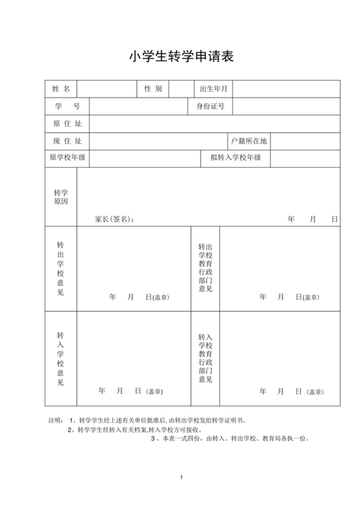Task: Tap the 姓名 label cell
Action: pyautogui.click(x=60, y=89)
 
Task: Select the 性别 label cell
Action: pyautogui.click(x=153, y=89)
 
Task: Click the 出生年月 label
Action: pyautogui.click(x=214, y=89)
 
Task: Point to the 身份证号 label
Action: pyautogui.click(x=210, y=106)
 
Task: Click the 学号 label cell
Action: pyautogui.click(x=67, y=106)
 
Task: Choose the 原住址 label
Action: pyautogui.click(x=67, y=123)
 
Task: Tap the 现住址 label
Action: pyautogui.click(x=67, y=141)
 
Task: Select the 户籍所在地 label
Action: pyautogui.click(x=249, y=141)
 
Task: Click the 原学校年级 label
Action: pyautogui.click(x=67, y=157)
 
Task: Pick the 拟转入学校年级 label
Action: pyautogui.click(x=235, y=157)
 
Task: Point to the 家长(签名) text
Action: pyautogui.click(x=115, y=219)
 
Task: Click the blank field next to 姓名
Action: pyautogui.click(x=107, y=89)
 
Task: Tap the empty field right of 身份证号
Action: pyautogui.click(x=286, y=106)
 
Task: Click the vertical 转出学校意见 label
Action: pyautogui.click(x=60, y=269)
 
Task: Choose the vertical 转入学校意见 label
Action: pyautogui.click(x=60, y=359)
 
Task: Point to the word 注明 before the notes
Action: pyautogui.click(x=56, y=420)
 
